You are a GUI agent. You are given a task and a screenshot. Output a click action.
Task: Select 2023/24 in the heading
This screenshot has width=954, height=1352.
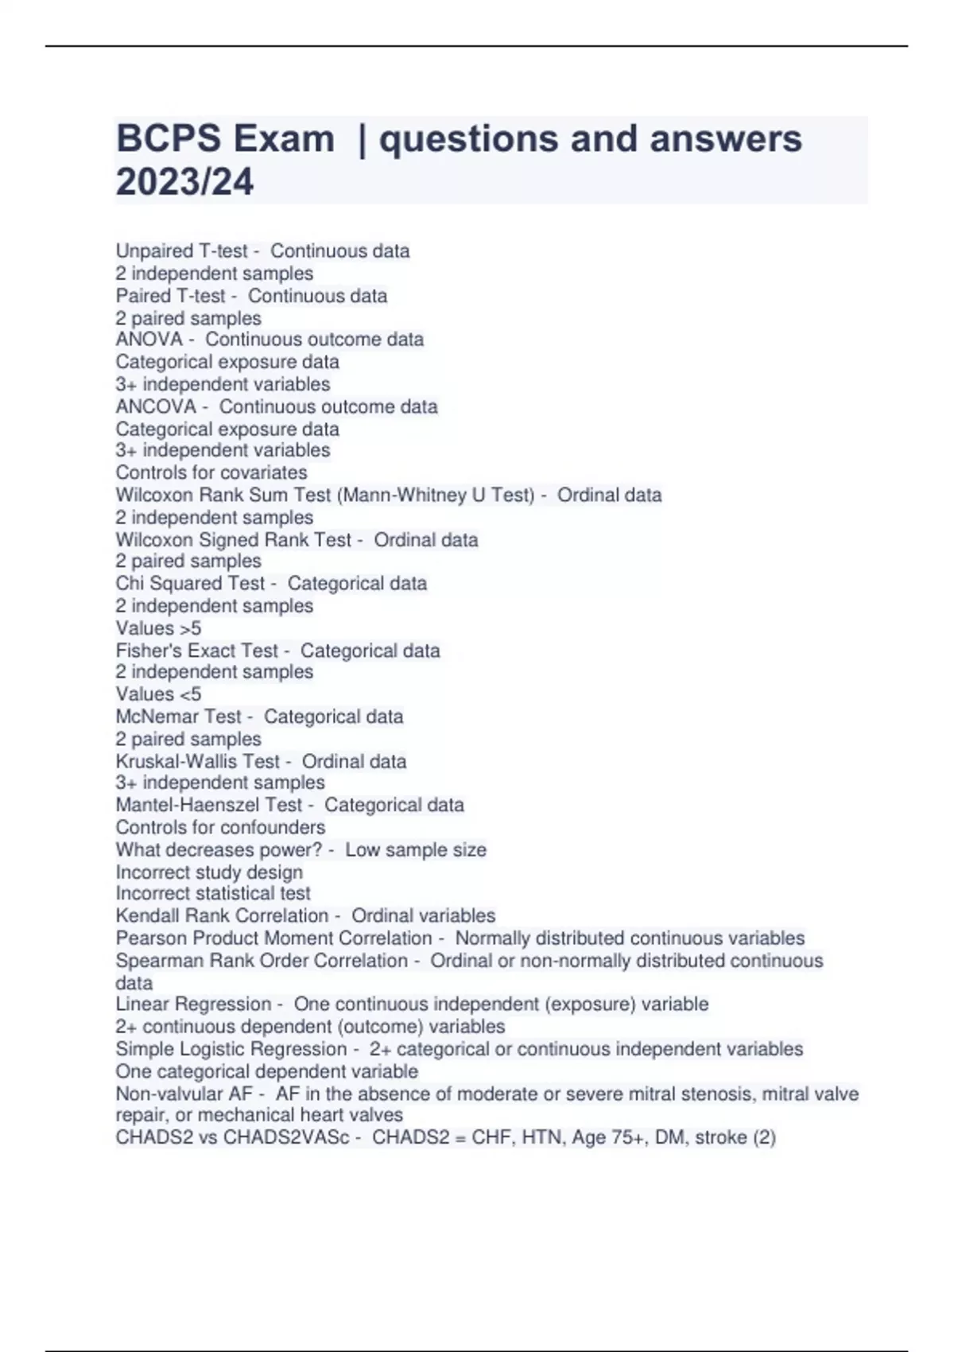tap(184, 181)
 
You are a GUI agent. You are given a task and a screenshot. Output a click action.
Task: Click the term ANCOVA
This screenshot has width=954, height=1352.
tap(156, 406)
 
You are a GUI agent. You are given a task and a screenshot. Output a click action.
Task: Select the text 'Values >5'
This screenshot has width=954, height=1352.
tap(158, 628)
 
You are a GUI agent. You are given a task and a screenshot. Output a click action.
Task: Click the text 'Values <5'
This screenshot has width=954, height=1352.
tap(158, 694)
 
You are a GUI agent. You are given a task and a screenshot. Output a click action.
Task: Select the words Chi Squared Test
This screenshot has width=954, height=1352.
tap(190, 583)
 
